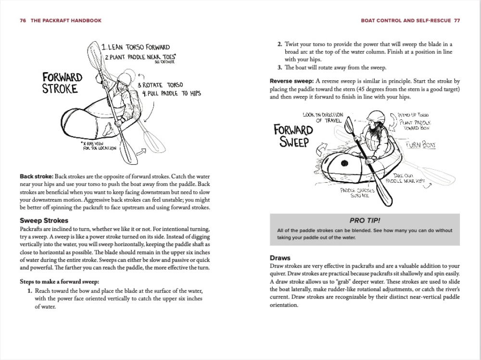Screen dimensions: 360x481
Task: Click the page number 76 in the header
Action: click(23, 21)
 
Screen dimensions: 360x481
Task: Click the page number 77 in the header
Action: click(456, 21)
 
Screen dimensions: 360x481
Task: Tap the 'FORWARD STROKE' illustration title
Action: click(62, 83)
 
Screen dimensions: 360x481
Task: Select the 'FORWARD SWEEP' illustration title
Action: click(293, 136)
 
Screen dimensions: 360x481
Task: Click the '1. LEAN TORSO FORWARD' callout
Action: click(135, 47)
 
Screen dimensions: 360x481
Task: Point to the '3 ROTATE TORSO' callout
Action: click(160, 85)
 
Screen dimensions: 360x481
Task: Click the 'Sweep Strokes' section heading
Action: click(44, 221)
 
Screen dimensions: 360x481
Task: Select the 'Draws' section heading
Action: click(280, 258)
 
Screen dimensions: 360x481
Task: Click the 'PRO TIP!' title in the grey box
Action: click(365, 220)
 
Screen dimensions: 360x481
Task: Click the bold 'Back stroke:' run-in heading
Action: click(37, 177)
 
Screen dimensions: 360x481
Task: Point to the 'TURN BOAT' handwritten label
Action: click(421, 145)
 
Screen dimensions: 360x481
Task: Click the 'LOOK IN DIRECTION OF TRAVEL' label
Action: click(323, 118)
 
